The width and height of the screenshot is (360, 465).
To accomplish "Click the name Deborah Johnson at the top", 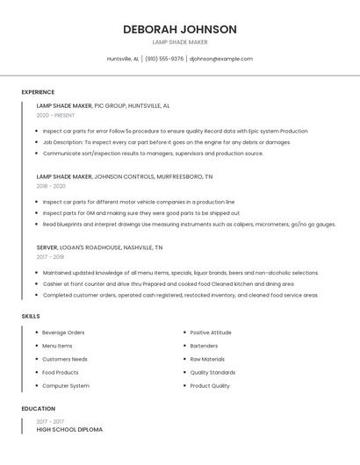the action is point(180,29).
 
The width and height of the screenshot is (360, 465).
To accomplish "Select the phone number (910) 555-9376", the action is point(164,59).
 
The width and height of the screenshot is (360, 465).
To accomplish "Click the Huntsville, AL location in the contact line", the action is point(123,59).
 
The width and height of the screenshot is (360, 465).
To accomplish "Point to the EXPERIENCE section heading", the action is point(38,92).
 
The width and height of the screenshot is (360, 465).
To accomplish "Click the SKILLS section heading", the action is point(31,316).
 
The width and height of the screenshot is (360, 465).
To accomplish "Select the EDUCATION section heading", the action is point(39,409).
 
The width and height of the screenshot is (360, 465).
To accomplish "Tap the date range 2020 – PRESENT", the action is point(55,115).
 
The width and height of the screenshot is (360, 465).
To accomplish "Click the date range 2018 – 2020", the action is point(51,186).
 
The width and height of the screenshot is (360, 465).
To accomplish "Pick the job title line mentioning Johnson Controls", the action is point(124,176).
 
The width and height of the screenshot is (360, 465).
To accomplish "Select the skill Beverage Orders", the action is point(63,333).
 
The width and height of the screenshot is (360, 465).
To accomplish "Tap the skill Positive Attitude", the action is point(211,333).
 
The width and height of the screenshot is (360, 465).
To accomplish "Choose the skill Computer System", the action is point(66,386).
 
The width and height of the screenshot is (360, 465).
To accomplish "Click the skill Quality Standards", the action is point(212,373).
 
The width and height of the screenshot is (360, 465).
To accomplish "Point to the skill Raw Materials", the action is point(207,359).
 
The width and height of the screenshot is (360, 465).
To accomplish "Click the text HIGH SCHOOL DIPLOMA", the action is point(69,430).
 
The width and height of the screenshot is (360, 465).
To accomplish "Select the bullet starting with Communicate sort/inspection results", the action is point(153,154).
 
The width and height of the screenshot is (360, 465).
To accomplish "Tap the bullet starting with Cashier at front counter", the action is point(169,284).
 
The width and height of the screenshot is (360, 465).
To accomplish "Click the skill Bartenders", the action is point(205,346).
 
